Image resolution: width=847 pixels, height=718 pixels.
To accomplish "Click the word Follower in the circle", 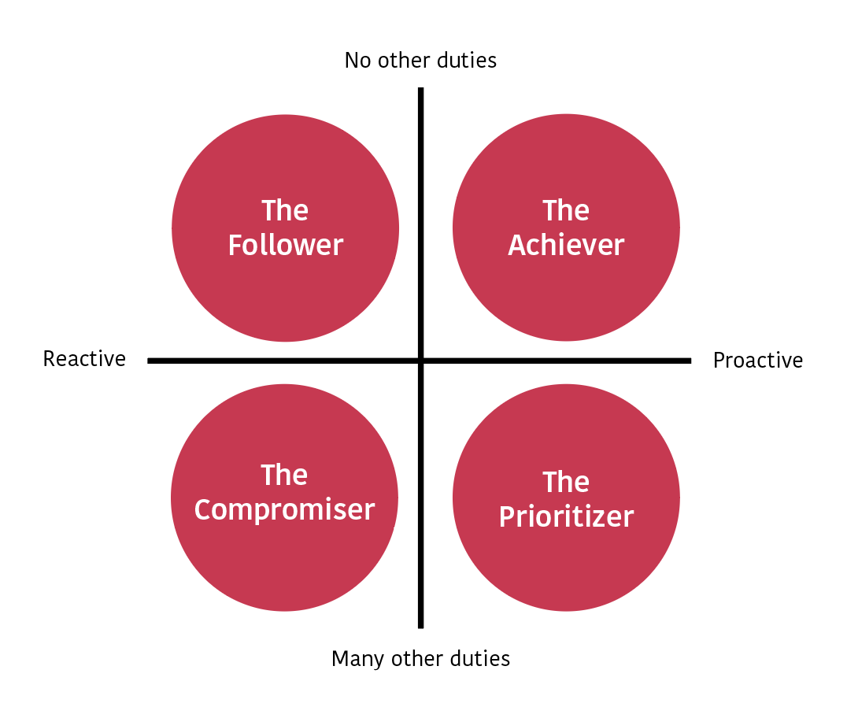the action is tap(285, 246).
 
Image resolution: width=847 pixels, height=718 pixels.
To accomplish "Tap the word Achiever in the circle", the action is tap(566, 246).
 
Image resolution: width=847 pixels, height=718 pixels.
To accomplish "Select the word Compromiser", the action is tap(284, 510).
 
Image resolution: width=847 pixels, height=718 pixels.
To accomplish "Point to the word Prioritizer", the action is tap(566, 517).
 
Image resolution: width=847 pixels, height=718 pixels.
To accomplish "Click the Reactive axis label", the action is tap(84, 359).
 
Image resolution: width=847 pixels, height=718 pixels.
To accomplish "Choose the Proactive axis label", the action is tap(757, 361).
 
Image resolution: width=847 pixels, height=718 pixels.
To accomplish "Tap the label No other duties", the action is tap(420, 61).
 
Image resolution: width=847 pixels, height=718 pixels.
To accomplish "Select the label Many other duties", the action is tap(420, 658).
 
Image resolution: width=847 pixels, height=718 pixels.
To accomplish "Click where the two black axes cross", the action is tap(421, 361).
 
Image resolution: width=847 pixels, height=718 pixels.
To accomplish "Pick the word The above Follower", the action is tap(285, 211).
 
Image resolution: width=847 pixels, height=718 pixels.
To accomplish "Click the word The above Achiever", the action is tap(566, 211).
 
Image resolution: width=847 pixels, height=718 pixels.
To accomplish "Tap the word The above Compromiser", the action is tap(284, 476).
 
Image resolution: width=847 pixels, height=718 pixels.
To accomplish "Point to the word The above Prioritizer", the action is tap(566, 482).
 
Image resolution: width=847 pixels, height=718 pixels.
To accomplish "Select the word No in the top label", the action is tap(357, 61).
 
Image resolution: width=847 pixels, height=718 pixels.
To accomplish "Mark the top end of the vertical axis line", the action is tap(421, 90).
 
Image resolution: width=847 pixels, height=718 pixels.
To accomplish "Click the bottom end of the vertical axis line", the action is tap(421, 626).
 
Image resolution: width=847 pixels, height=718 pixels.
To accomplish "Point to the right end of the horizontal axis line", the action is tap(689, 361).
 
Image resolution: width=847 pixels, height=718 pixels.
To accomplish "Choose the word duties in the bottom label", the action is tap(481, 658).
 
